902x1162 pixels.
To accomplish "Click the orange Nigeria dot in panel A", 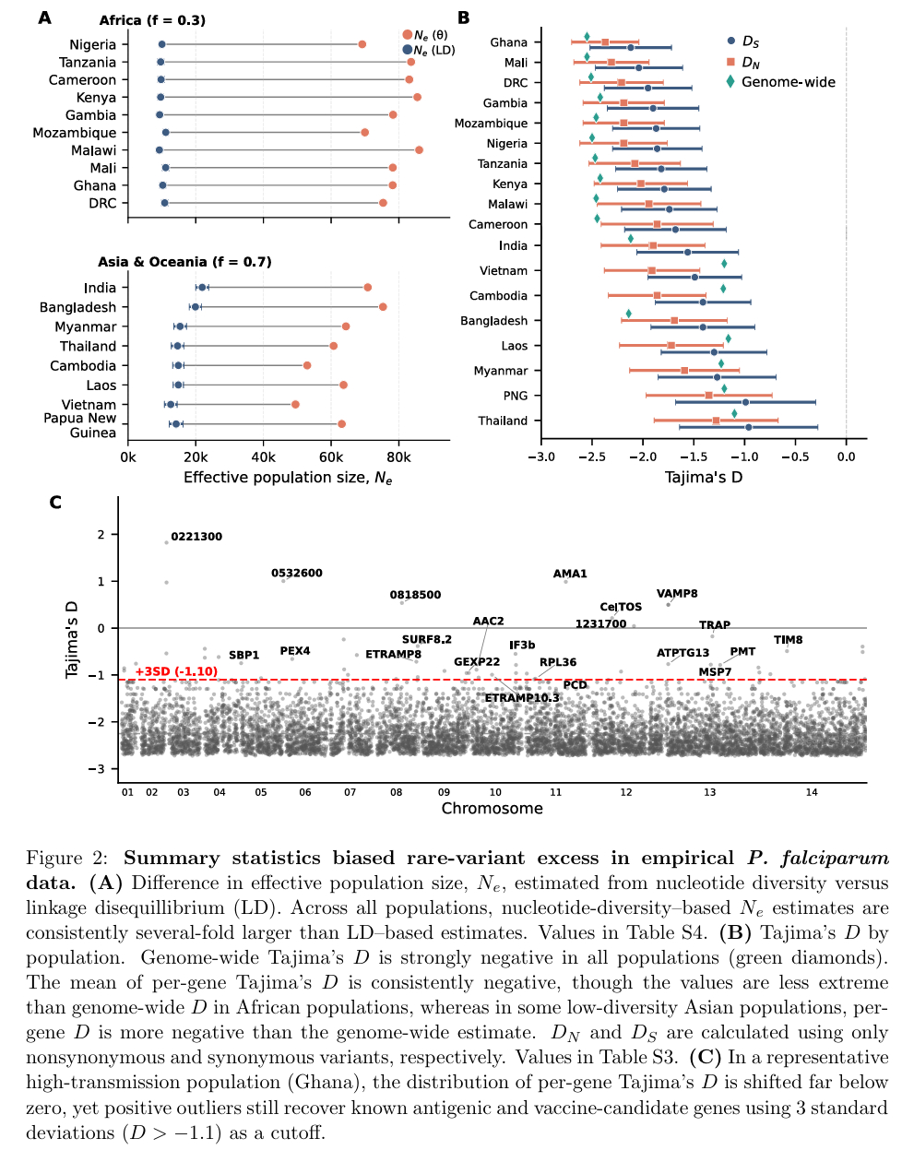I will tap(362, 44).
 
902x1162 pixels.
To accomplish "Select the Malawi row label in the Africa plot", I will tap(94, 150).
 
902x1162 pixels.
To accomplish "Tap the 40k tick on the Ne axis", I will tap(264, 457).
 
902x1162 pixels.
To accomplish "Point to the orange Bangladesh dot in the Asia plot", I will tap(383, 307).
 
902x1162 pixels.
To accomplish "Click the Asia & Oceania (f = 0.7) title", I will tap(184, 262).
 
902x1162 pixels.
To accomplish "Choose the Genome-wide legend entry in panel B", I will tap(788, 82).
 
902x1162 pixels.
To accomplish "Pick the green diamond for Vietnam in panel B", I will tap(724, 264).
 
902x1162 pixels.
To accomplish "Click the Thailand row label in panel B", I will tap(503, 421).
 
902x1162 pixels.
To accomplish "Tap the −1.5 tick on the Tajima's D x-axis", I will tap(694, 456).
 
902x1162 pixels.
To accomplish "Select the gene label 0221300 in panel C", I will tap(196, 537).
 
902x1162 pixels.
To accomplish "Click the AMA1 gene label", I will tap(570, 574).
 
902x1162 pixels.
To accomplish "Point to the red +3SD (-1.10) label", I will tap(176, 671).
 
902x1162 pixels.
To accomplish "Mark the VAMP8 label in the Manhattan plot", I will tap(677, 594).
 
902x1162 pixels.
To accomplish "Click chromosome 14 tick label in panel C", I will tap(812, 792).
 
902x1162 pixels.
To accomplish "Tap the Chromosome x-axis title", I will tap(492, 809).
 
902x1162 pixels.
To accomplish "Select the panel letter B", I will tap(464, 18).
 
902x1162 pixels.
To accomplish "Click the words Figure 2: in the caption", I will tap(66, 859).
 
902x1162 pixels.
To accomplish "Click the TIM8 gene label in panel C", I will tap(788, 640).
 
